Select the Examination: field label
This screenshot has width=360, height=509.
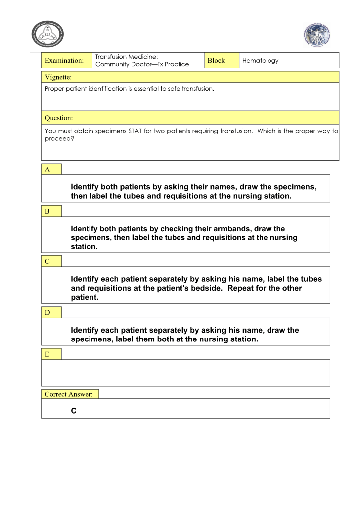pos(64,61)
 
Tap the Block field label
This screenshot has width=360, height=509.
pos(216,61)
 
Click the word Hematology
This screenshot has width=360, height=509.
pos(260,61)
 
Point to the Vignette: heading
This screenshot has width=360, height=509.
pos(58,77)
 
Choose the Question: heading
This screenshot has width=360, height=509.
pos(59,118)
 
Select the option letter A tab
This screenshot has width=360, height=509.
pos(48,170)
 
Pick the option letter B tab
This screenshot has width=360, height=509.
pos(48,211)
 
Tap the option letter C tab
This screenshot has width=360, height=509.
pos(48,261)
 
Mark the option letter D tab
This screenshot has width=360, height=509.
pos(48,312)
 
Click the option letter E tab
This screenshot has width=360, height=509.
pos(48,354)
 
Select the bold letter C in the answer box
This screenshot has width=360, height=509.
pos(74,411)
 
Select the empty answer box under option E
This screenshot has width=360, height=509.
pos(185,373)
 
